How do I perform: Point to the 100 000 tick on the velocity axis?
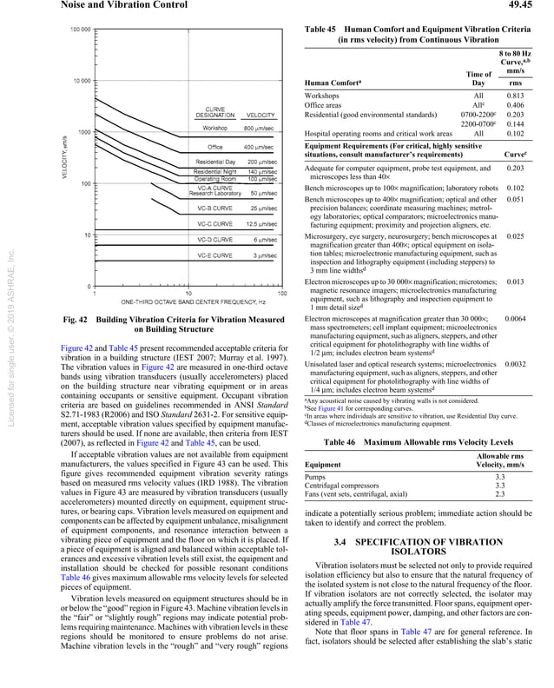[x=79, y=30]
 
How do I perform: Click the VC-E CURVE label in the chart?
[x=214, y=255]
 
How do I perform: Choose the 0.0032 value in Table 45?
[x=514, y=365]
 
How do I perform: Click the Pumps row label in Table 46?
[x=316, y=476]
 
